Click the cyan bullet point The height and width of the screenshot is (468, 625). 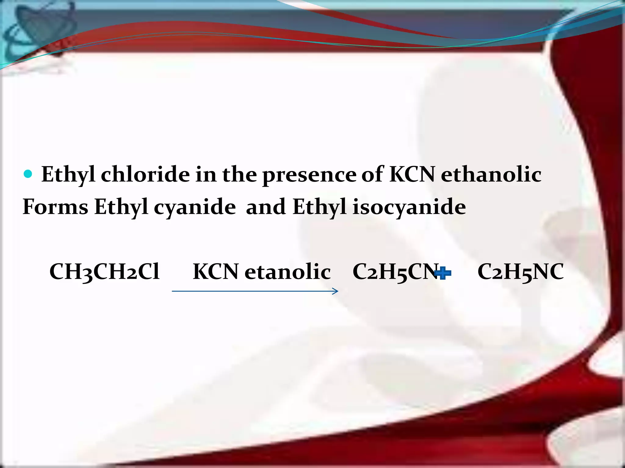click(x=28, y=174)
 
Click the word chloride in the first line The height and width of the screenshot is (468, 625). click(x=145, y=175)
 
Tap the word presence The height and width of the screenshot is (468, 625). click(x=309, y=175)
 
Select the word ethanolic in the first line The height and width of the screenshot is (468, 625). click(x=491, y=175)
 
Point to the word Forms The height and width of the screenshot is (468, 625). click(x=56, y=207)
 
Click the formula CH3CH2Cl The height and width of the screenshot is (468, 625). click(x=104, y=271)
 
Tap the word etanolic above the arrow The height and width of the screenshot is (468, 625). click(x=287, y=271)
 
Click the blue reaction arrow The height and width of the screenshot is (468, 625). click(x=255, y=291)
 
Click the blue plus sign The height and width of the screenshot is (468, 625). click(x=443, y=273)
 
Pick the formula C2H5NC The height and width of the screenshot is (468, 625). click(x=520, y=271)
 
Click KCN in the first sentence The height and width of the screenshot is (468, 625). click(x=412, y=175)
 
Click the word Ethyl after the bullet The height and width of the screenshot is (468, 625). click(x=68, y=175)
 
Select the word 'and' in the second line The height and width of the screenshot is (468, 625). click(x=266, y=207)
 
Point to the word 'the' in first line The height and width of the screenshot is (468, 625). click(x=240, y=175)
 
